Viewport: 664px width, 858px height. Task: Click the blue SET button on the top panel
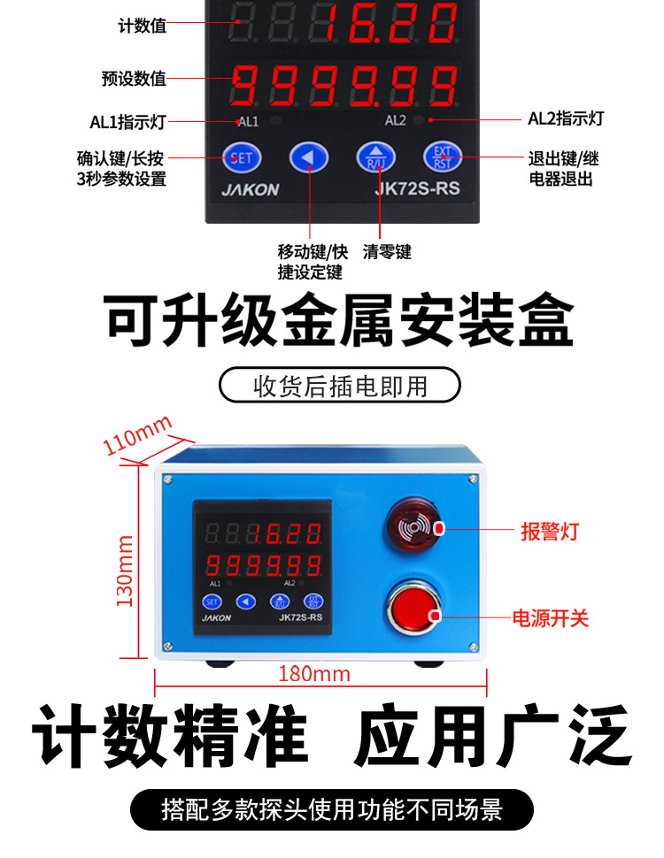pos(242,159)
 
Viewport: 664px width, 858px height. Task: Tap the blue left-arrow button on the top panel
pos(309,159)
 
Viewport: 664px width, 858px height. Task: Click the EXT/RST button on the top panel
pos(442,158)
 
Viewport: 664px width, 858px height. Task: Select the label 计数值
pos(142,26)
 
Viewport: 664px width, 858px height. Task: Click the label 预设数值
pos(134,79)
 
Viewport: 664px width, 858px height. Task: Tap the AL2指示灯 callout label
pos(566,119)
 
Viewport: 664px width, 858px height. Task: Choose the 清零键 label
pos(387,252)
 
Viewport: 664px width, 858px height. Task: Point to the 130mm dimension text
pos(126,571)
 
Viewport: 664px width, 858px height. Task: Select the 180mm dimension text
pos(314,674)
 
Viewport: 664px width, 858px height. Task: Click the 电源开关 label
pos(551,617)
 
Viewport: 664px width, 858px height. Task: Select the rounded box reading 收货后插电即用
pos(340,386)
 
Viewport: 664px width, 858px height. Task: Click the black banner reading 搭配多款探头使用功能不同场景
pos(332,810)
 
